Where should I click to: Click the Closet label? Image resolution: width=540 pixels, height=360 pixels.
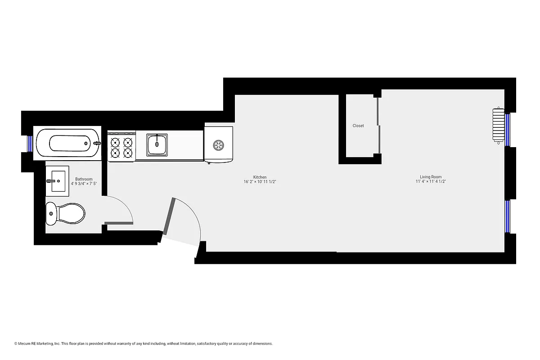358,126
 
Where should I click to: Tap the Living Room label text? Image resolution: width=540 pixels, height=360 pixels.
431,177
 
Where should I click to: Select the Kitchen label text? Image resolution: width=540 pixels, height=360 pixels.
260,177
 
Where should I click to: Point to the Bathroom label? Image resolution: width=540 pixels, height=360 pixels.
84,179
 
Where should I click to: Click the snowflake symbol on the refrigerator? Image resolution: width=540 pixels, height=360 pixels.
219,145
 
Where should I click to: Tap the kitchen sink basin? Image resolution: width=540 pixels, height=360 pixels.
157,144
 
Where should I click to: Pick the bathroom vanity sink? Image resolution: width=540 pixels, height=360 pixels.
58,181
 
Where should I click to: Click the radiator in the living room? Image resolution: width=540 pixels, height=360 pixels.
498,126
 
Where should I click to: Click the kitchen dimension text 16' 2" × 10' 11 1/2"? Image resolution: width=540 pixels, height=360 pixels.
260,182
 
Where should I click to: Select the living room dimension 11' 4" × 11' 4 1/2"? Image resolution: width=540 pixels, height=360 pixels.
431,182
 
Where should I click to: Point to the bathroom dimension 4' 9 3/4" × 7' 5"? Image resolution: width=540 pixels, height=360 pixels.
84,184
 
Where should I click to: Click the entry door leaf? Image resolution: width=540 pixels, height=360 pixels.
169,216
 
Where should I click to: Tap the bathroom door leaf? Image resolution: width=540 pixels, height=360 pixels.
118,222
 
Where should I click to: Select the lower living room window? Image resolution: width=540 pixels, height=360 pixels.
508,216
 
